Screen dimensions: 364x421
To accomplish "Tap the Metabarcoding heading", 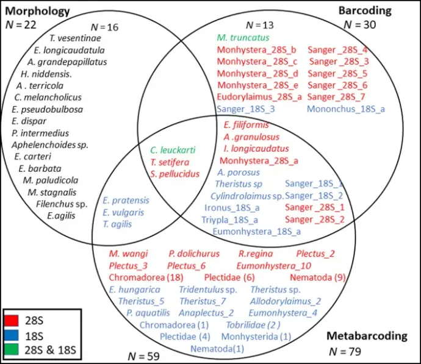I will tap(367, 336).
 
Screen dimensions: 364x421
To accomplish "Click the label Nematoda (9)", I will tap(318, 277).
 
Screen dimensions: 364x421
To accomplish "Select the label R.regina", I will tap(256, 254).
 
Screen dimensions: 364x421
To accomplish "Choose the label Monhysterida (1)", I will tap(256, 336).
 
